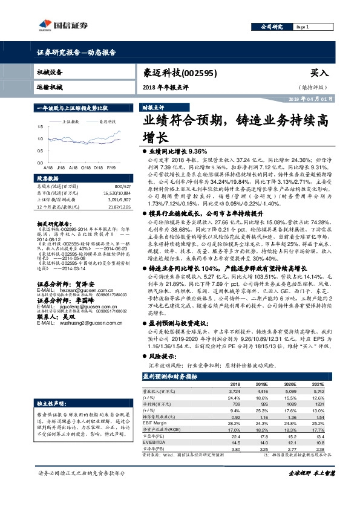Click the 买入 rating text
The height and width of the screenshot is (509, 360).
pyautogui.click(x=319, y=72)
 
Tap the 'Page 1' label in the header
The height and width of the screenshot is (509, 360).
pyautogui.click(x=303, y=27)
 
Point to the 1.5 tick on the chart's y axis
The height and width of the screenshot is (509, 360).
pyautogui.click(x=39, y=127)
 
